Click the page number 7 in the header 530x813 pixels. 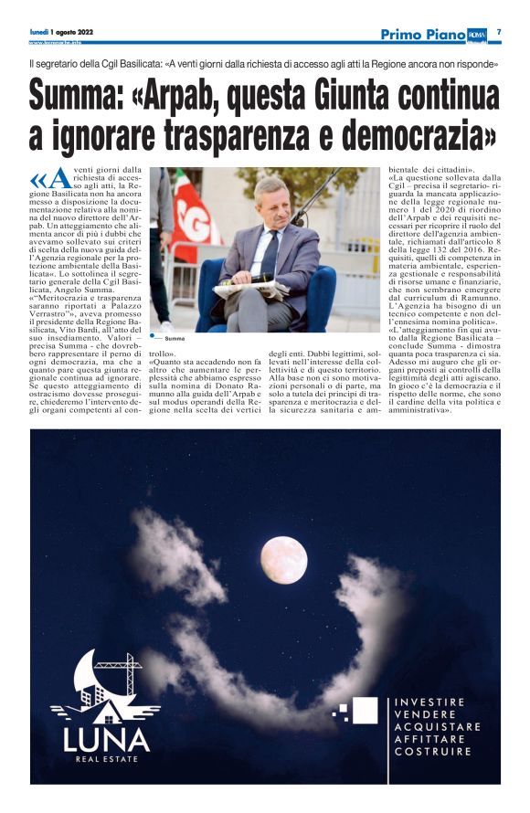(499, 33)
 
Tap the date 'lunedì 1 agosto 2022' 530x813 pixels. (61, 32)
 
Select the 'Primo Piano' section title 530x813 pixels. (421, 35)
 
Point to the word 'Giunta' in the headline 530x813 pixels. (358, 97)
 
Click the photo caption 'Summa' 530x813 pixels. (175, 338)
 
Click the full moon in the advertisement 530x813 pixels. (283, 560)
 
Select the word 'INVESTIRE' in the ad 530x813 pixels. (429, 702)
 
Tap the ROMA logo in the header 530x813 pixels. (477, 35)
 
